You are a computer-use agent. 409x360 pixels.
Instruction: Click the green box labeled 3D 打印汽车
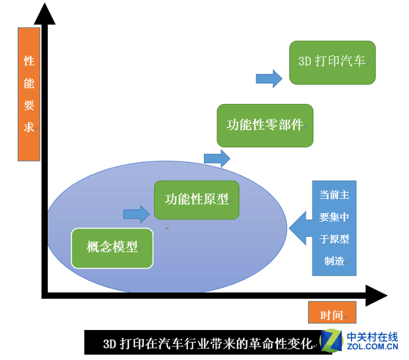332,63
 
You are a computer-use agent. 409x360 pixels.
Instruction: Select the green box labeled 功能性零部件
265,126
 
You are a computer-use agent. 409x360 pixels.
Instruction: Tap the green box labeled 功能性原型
197,200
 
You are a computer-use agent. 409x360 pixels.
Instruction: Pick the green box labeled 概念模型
112,248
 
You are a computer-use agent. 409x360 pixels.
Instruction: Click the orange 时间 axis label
332,312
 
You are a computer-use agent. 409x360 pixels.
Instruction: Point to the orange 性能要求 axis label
29,94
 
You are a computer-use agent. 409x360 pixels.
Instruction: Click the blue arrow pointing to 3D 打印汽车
269,79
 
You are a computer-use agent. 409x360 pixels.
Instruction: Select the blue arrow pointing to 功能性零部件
217,158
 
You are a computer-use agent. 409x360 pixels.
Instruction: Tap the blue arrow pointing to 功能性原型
136,214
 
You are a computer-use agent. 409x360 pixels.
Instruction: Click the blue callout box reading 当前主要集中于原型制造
334,228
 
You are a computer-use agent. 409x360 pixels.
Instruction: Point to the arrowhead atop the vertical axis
45,14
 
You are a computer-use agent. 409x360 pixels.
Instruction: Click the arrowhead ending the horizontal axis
376,296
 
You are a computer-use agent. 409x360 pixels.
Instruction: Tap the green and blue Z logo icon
332,341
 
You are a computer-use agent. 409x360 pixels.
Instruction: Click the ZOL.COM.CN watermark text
372,347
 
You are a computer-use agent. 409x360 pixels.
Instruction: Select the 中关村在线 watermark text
372,337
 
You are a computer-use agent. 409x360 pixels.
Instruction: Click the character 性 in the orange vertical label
29,61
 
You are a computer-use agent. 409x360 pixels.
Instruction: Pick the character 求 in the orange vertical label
29,128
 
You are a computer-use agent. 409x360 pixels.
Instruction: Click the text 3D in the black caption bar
109,344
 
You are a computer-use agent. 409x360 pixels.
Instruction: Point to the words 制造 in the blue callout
334,261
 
